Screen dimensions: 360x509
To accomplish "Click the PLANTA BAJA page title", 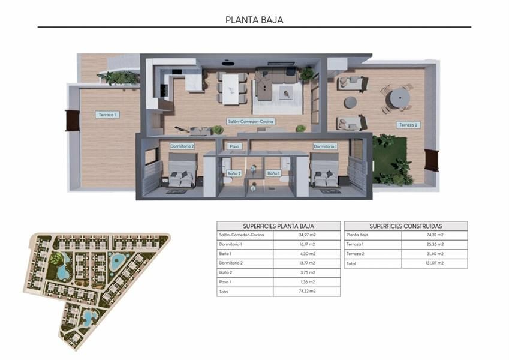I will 254,19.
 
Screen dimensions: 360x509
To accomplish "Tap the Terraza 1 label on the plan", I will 107,114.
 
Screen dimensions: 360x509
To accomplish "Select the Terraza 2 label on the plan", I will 408,125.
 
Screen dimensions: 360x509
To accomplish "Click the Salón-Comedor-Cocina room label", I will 251,121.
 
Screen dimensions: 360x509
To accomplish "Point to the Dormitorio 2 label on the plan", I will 182,146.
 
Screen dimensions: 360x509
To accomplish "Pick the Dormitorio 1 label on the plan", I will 325,146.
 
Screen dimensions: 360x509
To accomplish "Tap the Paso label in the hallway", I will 234,146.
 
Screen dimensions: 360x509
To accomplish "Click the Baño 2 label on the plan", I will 234,173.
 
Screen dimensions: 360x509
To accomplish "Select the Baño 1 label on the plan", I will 273,173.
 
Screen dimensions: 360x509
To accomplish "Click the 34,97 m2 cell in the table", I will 306,235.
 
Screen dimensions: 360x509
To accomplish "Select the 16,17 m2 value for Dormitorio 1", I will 306,245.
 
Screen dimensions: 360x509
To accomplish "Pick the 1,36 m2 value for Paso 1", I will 306,282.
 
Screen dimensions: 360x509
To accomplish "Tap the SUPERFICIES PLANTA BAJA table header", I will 278,226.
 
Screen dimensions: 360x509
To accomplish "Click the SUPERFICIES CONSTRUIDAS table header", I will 405,226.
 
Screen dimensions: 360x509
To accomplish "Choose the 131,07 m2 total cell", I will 435,263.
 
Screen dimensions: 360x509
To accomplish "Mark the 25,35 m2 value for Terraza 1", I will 435,245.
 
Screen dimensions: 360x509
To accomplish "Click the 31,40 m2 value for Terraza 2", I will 435,254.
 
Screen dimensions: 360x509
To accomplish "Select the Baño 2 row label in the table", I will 227,272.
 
